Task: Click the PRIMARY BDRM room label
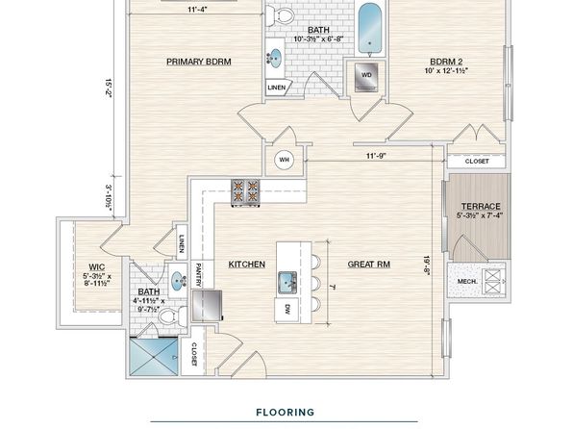[199, 62]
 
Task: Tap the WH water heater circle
[284, 160]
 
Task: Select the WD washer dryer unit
[366, 76]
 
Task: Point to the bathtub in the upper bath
[370, 29]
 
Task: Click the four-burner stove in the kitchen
[245, 192]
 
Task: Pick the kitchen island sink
[288, 283]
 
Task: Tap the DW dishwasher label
[286, 310]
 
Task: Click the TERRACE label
[481, 206]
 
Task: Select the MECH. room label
[467, 282]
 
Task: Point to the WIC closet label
[97, 267]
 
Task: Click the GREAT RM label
[369, 265]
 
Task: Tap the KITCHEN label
[247, 265]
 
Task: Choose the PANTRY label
[198, 275]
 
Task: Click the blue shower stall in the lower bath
[154, 357]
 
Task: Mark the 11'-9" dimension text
[376, 156]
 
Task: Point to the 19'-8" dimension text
[427, 265]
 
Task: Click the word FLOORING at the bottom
[285, 413]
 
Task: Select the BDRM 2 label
[446, 62]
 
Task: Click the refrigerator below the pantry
[207, 306]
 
